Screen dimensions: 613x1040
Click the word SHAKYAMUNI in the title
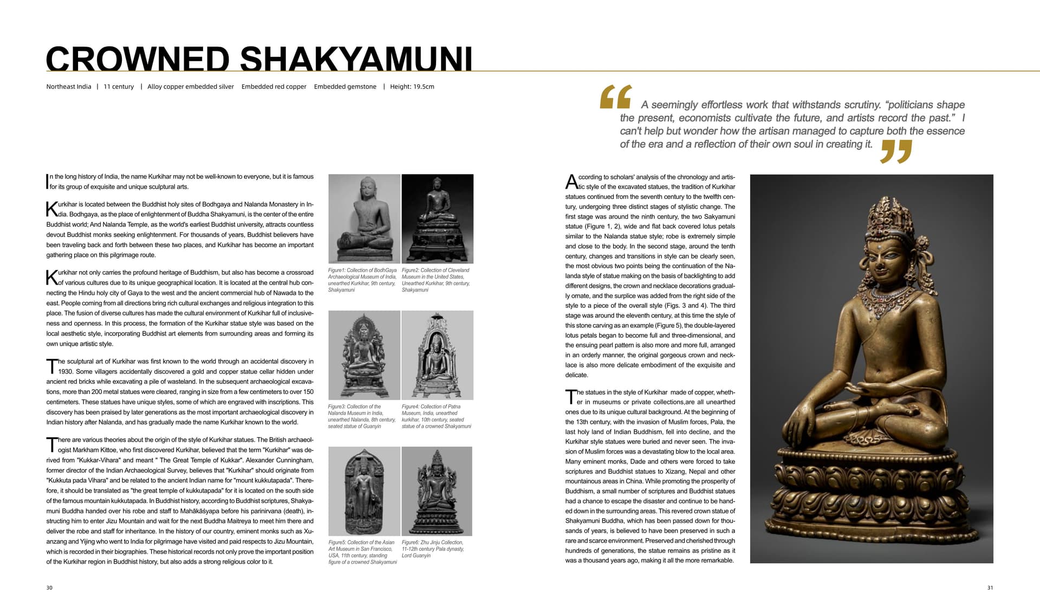coord(356,59)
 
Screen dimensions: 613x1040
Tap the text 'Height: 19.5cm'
coord(412,87)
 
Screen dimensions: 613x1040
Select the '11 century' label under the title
coord(119,87)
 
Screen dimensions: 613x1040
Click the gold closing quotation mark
coord(896,151)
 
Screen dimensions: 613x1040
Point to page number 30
coord(49,588)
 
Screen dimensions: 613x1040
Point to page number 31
coord(990,588)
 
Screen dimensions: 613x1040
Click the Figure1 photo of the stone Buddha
coord(365,218)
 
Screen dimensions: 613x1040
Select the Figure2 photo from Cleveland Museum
coord(437,218)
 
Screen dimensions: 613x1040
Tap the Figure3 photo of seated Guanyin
coord(365,355)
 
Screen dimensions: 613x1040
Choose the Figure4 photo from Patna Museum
coord(437,355)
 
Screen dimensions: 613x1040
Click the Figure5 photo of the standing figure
coord(365,491)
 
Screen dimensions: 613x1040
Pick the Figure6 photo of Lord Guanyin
coord(437,491)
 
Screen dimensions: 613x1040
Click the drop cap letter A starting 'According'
coord(571,182)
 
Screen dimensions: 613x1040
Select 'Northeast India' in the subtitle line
coord(69,87)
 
